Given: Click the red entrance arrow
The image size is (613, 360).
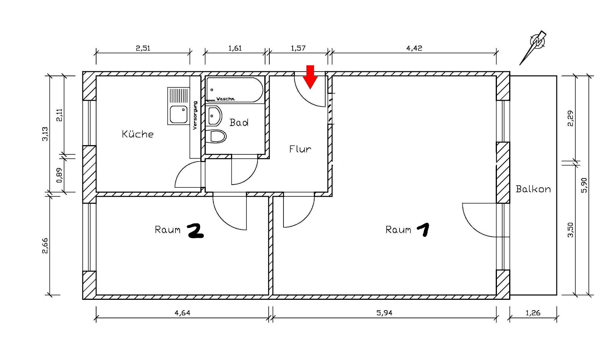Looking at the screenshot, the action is coord(310,77).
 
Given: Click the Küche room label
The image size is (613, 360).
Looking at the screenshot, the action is coord(138,134).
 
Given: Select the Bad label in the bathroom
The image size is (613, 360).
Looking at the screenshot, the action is coord(239,123).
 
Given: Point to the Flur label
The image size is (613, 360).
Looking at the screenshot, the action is coord(300,149).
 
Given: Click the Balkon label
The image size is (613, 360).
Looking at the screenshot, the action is coord(533,189).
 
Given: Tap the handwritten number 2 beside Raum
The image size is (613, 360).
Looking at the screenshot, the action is coord(195,231).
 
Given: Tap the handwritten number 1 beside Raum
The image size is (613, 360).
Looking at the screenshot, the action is coord(423,229).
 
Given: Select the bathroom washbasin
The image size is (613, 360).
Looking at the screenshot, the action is coord(214,116).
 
